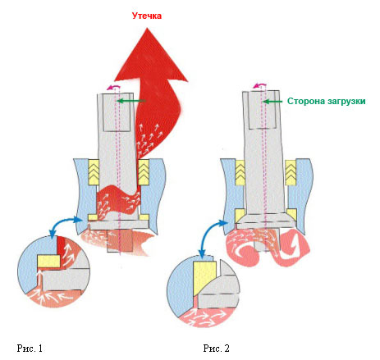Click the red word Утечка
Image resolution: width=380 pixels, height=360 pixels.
pyautogui.click(x=147, y=16)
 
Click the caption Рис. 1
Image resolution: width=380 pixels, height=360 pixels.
pyautogui.click(x=30, y=348)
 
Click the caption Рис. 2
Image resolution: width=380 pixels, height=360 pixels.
pyautogui.click(x=216, y=348)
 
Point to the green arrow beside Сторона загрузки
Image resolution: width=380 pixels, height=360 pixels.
pyautogui.click(x=272, y=102)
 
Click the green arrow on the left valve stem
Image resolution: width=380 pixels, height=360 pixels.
pyautogui.click(x=131, y=101)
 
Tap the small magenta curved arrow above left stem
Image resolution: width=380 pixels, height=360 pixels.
pyautogui.click(x=113, y=87)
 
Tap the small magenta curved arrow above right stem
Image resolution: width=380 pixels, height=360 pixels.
pyautogui.click(x=259, y=85)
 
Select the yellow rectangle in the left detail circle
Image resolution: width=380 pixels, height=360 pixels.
pyautogui.click(x=48, y=262)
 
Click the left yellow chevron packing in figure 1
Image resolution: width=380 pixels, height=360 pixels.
pyautogui.click(x=94, y=172)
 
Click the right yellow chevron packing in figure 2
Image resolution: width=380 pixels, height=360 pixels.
pyautogui.click(x=291, y=173)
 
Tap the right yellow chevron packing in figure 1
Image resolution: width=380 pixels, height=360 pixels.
pyautogui.click(x=144, y=172)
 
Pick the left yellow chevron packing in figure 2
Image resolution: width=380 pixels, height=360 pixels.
pyautogui.click(x=240, y=173)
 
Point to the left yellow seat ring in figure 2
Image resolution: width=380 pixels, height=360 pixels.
pyautogui.click(x=240, y=216)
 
